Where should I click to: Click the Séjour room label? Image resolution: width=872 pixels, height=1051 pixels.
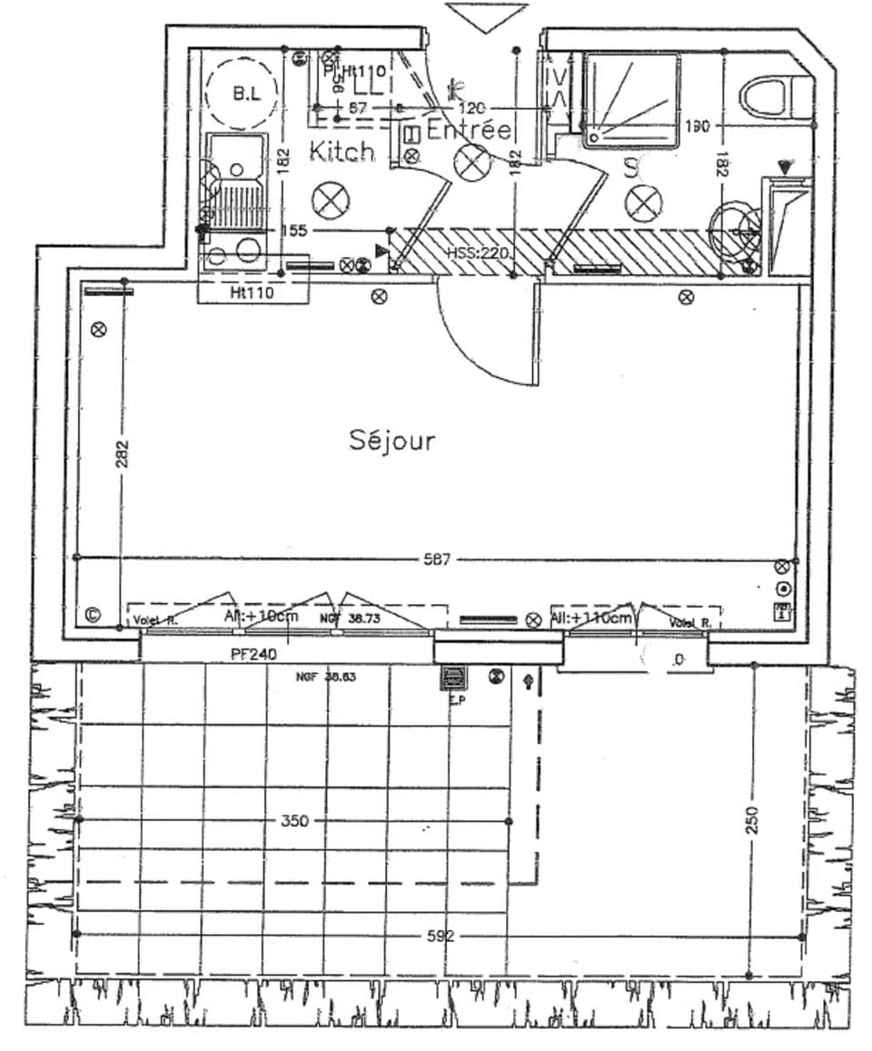click(x=392, y=441)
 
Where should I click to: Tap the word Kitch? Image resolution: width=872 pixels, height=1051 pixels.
click(x=342, y=151)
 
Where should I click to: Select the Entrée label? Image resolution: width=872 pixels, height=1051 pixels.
click(x=469, y=130)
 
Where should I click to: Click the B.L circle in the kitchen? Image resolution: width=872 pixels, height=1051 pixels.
click(x=241, y=94)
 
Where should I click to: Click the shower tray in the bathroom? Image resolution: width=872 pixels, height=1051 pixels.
click(x=631, y=100)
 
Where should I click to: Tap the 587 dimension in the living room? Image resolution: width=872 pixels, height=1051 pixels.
click(x=437, y=560)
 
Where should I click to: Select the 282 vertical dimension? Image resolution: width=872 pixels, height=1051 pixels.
click(x=122, y=455)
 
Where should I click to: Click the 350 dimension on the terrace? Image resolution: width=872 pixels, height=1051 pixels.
click(x=295, y=821)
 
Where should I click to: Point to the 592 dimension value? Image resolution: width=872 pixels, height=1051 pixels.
click(x=440, y=936)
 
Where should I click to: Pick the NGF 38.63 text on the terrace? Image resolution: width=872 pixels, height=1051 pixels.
click(x=326, y=677)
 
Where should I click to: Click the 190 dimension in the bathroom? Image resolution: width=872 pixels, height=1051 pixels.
click(x=698, y=126)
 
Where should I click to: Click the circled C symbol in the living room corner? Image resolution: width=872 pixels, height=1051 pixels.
click(x=92, y=614)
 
